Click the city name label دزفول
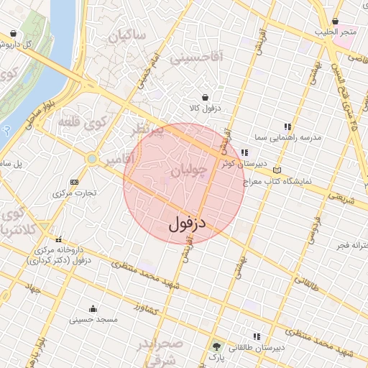point(188,224)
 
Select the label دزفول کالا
point(206,108)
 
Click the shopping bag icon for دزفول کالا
point(206,97)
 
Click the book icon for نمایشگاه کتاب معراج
point(277,170)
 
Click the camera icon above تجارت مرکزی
point(75,182)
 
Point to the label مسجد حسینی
point(89,319)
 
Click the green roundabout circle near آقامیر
point(91,158)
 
